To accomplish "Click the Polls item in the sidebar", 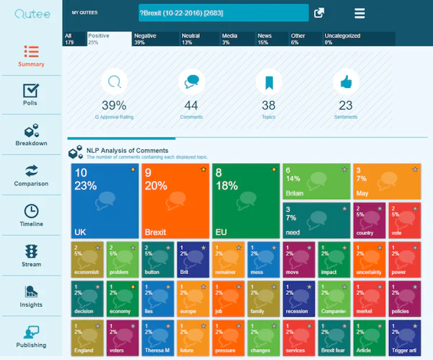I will (31, 95).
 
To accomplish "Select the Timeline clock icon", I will (31, 211).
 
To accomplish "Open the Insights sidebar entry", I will (31, 296).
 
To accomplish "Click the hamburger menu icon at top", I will (359, 13).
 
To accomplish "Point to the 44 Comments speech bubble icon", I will (192, 82).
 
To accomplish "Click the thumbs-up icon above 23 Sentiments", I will (346, 82).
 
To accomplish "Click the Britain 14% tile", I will (315, 182).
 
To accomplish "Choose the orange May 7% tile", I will (385, 182).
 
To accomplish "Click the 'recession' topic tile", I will (297, 299).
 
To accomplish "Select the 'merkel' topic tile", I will (368, 299).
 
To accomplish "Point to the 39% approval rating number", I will (113, 105).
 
